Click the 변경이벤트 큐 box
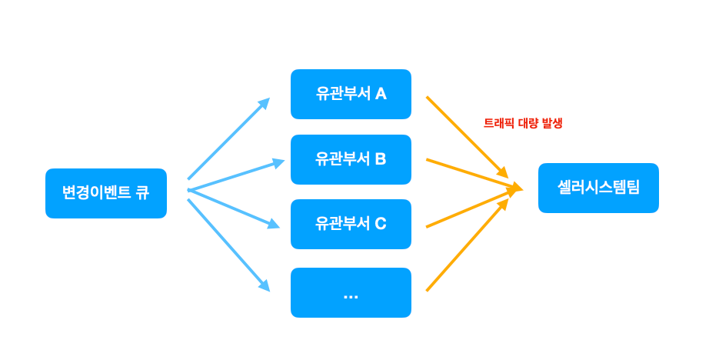106,193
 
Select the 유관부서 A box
351,94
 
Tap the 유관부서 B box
351,159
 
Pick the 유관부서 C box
351,224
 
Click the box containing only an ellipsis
351,292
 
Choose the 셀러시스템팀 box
598,188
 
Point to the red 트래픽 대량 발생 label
523,123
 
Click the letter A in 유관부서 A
381,94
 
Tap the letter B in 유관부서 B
381,159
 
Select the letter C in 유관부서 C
381,224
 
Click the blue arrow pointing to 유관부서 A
228,138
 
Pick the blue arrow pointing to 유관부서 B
235,176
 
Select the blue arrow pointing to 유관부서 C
233,208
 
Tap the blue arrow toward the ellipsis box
228,245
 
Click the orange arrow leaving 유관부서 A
467,136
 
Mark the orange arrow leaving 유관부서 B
473,173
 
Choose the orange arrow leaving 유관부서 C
471,208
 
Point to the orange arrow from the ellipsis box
467,246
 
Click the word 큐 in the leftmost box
142,193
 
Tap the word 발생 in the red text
552,123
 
